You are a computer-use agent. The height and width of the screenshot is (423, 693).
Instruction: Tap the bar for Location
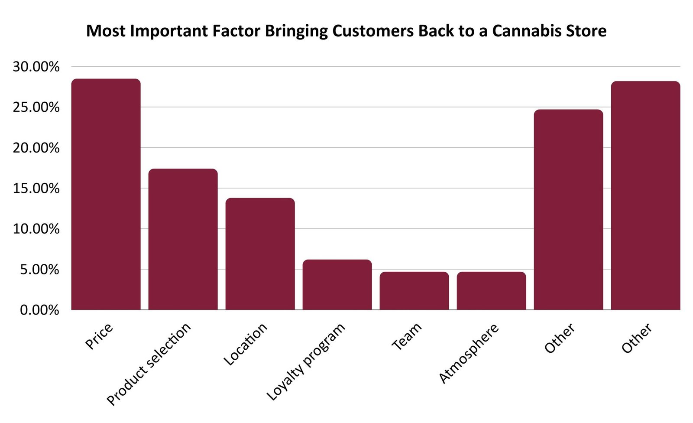(260, 254)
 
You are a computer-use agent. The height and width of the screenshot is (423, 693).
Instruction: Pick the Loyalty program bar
(337, 285)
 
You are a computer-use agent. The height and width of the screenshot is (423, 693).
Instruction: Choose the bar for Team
(414, 291)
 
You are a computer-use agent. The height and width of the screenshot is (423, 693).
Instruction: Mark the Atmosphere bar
(491, 291)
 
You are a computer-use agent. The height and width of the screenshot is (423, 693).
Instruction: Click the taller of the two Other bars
(645, 195)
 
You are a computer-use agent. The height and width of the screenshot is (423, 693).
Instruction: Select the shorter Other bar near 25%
(568, 210)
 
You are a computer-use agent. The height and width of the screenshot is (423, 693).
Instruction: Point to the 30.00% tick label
(36, 67)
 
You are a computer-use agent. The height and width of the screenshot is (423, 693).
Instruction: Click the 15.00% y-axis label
(36, 189)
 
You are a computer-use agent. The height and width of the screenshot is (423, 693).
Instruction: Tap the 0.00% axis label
(39, 310)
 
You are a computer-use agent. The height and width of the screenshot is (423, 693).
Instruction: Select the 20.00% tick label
(36, 148)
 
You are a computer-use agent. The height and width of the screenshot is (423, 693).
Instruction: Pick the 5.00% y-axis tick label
(39, 270)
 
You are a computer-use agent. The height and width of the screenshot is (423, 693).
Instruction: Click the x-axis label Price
(99, 336)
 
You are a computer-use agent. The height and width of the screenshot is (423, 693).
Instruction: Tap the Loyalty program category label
(306, 361)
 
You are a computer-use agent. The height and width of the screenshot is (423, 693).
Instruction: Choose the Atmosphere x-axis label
(469, 353)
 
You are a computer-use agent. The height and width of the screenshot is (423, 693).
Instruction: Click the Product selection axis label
(149, 364)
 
